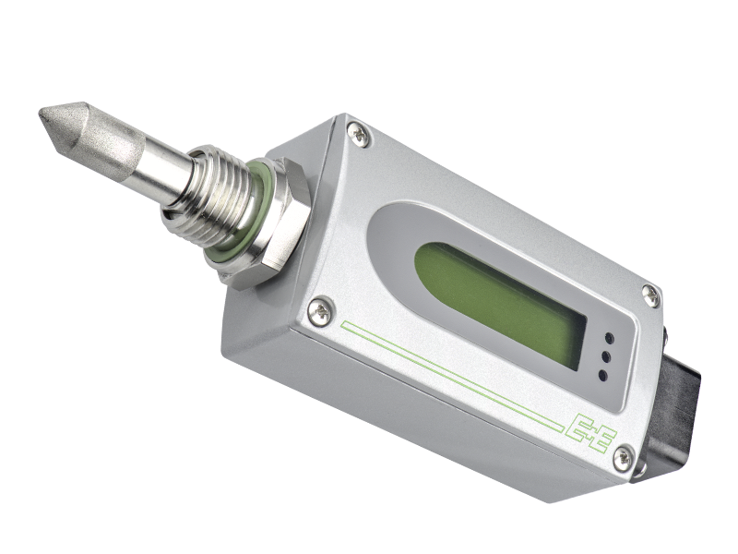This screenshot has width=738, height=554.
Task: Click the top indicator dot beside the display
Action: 609,338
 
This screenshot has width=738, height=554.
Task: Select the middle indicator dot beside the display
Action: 606,356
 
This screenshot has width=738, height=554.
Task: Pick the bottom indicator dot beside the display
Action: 602,376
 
